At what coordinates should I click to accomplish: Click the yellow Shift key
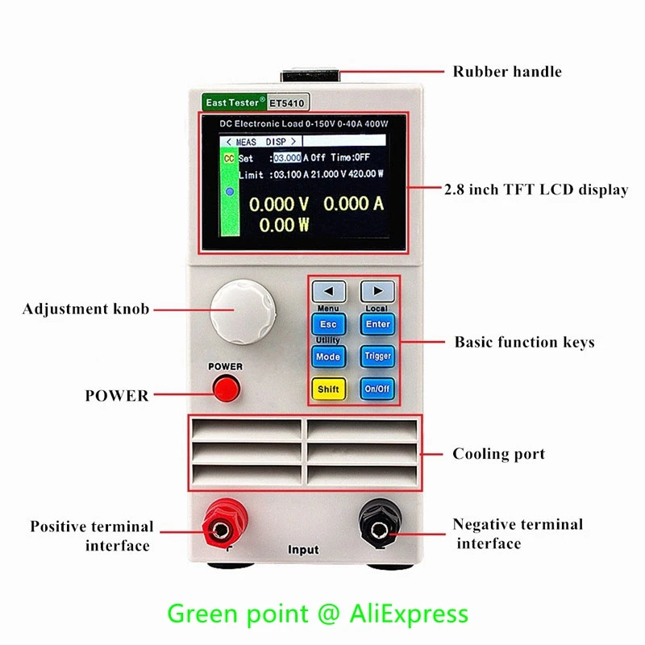pyautogui.click(x=328, y=389)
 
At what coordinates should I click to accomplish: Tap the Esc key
pyautogui.click(x=328, y=324)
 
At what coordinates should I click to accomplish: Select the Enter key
pyautogui.click(x=377, y=324)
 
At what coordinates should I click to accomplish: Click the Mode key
pyautogui.click(x=328, y=356)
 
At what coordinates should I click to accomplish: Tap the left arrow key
pyautogui.click(x=328, y=291)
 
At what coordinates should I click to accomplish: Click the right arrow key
pyautogui.click(x=377, y=291)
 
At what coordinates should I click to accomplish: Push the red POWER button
pyautogui.click(x=227, y=389)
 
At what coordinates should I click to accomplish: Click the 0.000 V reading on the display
pyautogui.click(x=279, y=204)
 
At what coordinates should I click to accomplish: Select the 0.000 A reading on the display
pyautogui.click(x=353, y=204)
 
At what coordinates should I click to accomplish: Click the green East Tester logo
pyautogui.click(x=231, y=103)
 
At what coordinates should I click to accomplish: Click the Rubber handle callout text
pyautogui.click(x=507, y=72)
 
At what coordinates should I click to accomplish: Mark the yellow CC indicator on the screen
pyautogui.click(x=228, y=159)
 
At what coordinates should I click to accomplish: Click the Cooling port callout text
pyautogui.click(x=498, y=454)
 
